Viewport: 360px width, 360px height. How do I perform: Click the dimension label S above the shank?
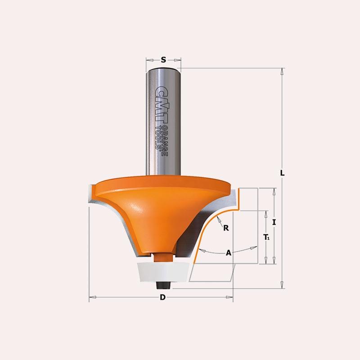tap(163, 60)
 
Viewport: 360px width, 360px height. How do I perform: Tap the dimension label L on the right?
tap(282, 173)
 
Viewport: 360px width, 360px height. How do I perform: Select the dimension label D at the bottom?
tap(162, 297)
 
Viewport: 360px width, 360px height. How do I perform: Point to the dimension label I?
tap(274, 222)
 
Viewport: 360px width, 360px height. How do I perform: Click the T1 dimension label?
tap(266, 237)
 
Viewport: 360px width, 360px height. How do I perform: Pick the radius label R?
tap(226, 228)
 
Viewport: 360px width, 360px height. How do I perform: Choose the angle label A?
tap(229, 253)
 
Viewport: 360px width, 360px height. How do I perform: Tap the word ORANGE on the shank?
tap(164, 141)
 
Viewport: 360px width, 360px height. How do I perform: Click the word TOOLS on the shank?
tap(158, 138)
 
